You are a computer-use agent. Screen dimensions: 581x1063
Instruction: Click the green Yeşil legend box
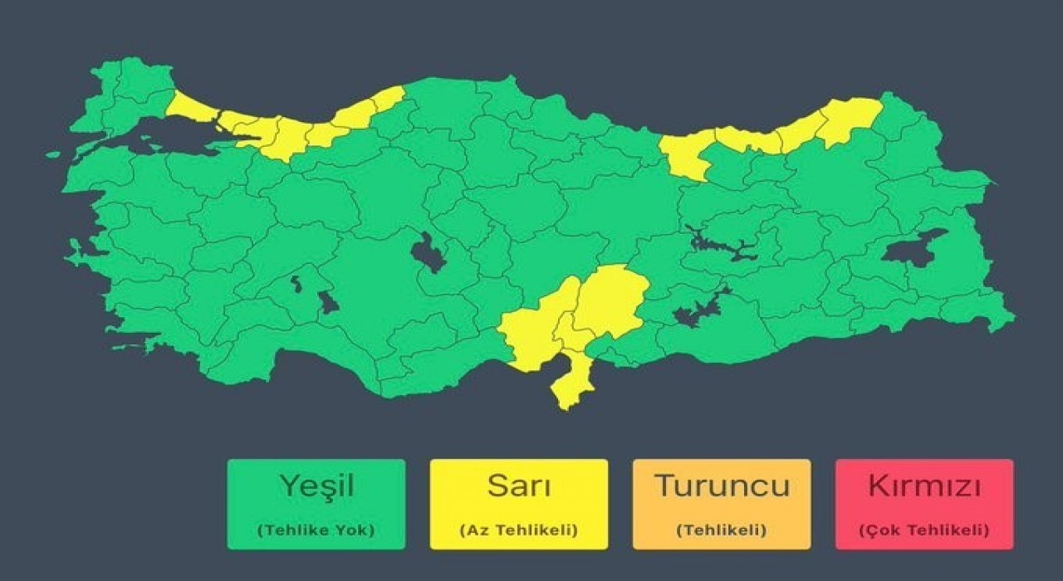(x=316, y=504)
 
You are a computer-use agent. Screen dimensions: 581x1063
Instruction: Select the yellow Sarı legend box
(x=518, y=504)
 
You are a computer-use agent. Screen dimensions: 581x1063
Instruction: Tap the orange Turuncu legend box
(x=721, y=504)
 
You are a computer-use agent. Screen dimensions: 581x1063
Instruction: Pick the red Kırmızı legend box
(x=923, y=504)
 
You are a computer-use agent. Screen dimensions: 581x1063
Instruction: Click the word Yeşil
(x=316, y=486)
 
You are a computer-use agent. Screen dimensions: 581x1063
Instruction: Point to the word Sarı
(x=518, y=486)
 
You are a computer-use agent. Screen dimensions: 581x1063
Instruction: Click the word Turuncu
(x=721, y=486)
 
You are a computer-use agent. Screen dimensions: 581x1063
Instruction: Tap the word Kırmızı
(x=923, y=486)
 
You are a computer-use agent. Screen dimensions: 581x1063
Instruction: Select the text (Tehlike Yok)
(x=316, y=530)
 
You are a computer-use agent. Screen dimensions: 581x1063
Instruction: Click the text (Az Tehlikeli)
(x=518, y=530)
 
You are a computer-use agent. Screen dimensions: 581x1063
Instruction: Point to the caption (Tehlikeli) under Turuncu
(x=721, y=530)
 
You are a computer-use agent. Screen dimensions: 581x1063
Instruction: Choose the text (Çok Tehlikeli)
(x=923, y=530)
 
